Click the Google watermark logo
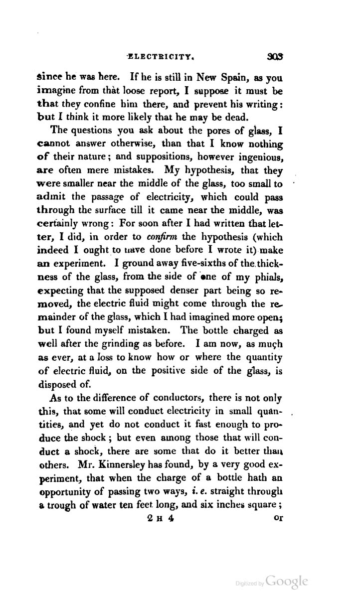[288, 582]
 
